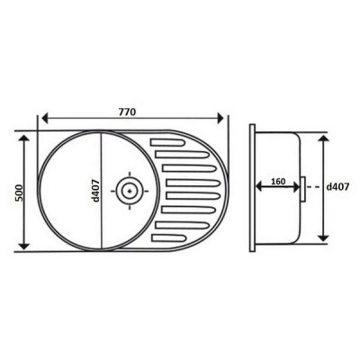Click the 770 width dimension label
tap(128, 112)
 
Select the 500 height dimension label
tap(19, 193)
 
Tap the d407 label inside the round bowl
tap(95, 190)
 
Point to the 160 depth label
tap(278, 182)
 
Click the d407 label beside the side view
tap(337, 187)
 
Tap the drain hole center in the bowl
tap(130, 191)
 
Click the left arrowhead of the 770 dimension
tap(45, 118)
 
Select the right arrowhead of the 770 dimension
tap(220, 118)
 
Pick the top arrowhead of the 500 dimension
tap(24, 139)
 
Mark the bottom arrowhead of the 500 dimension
tap(24, 246)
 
